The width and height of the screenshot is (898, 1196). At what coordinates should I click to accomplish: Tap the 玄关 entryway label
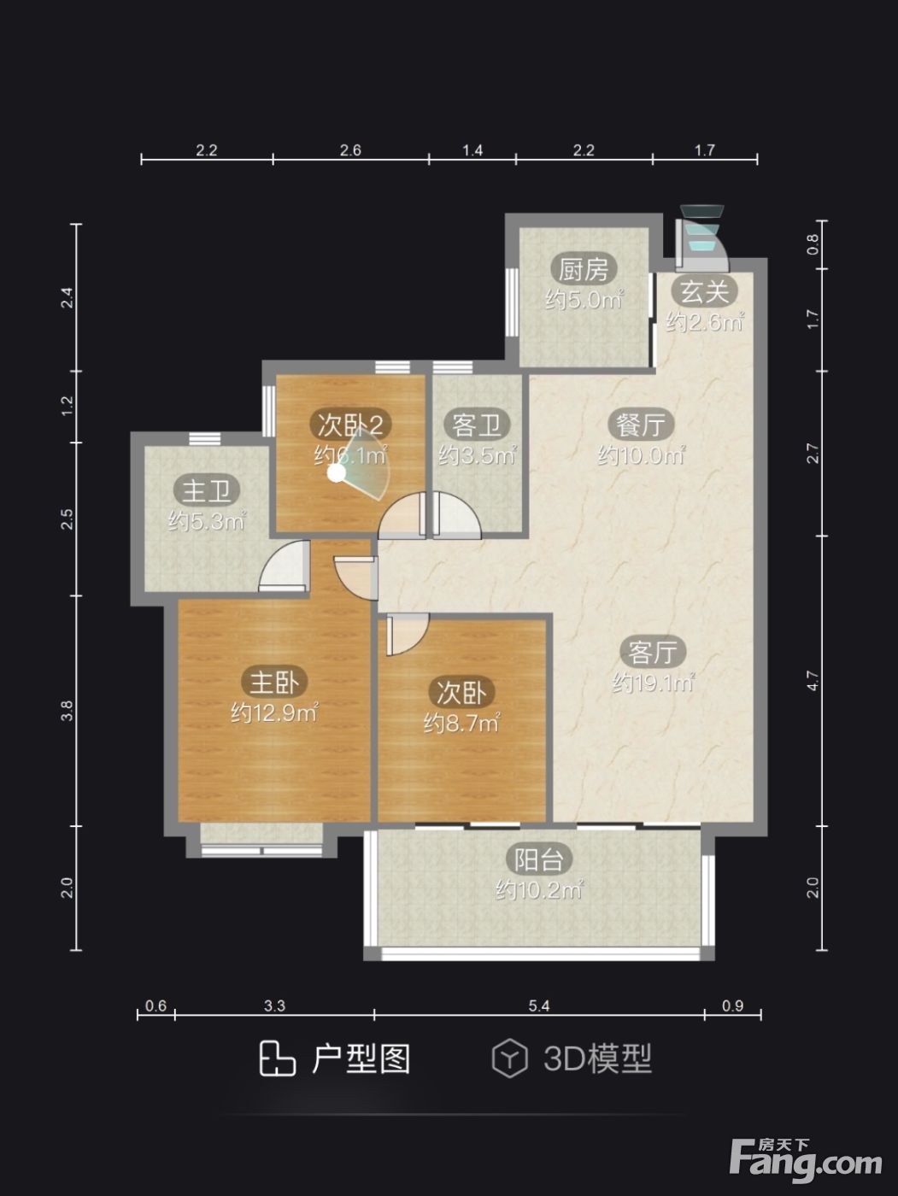pos(705,291)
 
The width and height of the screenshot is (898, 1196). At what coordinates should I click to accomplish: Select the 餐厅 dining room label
pos(641,425)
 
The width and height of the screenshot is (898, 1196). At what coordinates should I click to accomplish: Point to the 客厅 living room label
pos(653,652)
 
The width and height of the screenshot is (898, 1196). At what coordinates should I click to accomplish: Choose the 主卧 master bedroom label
pos(274,682)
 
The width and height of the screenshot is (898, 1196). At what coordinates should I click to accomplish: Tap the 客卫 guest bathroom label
pos(478,425)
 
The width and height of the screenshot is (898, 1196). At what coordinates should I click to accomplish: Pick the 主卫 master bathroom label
pos(207,491)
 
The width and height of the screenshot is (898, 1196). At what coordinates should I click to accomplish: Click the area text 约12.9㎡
pos(274,712)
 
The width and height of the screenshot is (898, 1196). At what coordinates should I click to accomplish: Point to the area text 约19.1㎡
pos(653,683)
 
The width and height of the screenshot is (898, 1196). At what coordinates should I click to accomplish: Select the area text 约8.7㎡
pos(462,724)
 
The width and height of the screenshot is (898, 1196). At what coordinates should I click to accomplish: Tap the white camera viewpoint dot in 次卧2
pos(337,473)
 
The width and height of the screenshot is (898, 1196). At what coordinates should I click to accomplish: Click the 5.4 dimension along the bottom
pos(538,1005)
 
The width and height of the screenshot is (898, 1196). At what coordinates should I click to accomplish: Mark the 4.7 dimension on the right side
pos(813,681)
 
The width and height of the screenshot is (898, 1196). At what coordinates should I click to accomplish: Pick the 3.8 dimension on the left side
pos(67,711)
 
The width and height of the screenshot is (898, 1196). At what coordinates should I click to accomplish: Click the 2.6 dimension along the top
pos(350,149)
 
